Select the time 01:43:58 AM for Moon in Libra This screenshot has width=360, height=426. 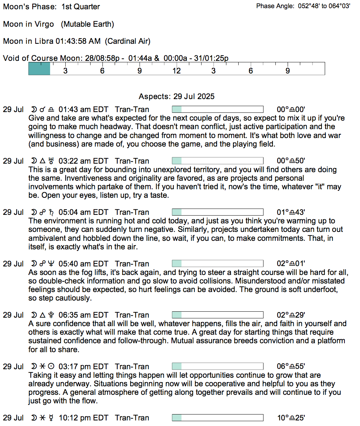[78, 41]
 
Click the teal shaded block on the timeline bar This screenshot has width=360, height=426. [39, 69]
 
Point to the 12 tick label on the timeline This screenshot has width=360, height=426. [176, 71]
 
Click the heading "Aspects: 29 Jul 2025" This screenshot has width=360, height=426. [177, 96]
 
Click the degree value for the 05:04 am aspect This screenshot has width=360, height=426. [291, 212]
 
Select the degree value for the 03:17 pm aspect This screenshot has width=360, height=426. [291, 367]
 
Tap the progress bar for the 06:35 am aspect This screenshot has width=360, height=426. [217, 315]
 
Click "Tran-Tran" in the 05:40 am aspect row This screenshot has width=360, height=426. [132, 264]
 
